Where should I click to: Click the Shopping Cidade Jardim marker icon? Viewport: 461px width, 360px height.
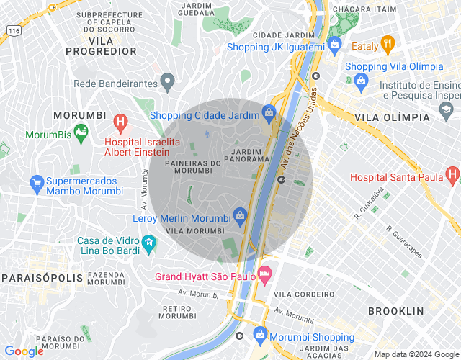click(269, 112)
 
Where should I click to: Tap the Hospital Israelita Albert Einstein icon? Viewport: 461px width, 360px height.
click(120, 122)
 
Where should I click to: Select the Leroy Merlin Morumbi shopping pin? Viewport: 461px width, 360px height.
click(241, 214)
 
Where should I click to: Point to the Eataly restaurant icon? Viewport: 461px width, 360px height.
click(388, 44)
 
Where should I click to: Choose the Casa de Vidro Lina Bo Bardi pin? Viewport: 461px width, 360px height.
click(149, 242)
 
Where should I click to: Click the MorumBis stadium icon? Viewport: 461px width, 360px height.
click(81, 131)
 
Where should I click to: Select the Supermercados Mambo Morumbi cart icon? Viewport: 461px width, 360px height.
click(37, 183)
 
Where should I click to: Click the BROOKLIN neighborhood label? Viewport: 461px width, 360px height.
click(395, 311)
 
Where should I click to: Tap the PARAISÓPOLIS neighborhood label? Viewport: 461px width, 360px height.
click(36, 278)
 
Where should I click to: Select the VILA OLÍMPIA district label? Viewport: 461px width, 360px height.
click(393, 117)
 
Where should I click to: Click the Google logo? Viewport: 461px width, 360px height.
click(23, 351)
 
